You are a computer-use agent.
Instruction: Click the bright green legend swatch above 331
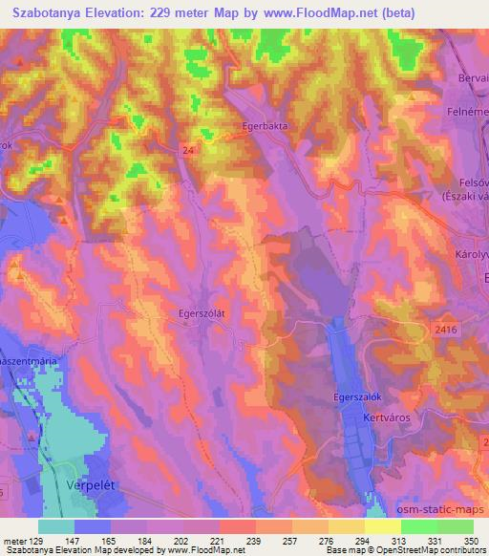tap(418, 526)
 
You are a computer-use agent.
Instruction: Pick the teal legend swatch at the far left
tap(56, 526)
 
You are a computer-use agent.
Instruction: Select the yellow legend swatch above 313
tap(382, 526)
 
